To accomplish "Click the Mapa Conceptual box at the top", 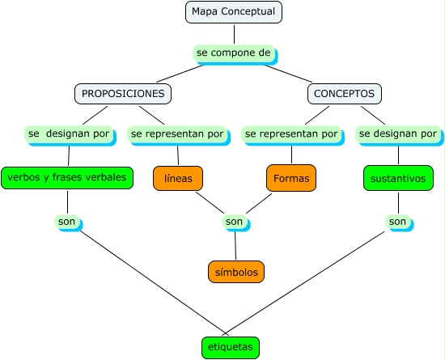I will [x=233, y=12].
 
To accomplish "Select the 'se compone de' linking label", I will [x=234, y=53].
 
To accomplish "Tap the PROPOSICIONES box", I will [x=123, y=94].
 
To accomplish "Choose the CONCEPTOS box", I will [x=344, y=94].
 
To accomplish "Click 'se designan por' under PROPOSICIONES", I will [x=68, y=133].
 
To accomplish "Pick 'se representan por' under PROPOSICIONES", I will [x=177, y=133].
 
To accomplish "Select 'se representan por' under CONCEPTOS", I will [x=291, y=133].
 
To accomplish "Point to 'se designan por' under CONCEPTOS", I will [x=397, y=133].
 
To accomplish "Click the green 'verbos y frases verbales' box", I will [x=66, y=177].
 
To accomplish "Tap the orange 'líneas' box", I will [x=178, y=178].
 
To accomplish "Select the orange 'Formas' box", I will [x=291, y=178].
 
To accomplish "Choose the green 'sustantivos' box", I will [x=397, y=178].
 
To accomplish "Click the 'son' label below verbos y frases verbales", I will [x=68, y=221].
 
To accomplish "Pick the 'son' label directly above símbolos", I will [x=234, y=221].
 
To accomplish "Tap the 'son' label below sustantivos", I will [x=397, y=221].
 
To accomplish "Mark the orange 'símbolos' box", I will [x=235, y=272].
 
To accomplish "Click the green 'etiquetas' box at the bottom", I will [x=231, y=347].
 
